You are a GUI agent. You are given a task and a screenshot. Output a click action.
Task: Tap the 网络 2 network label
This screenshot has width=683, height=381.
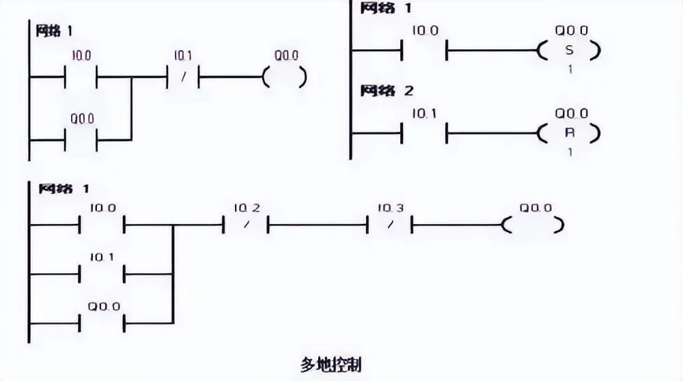click(x=387, y=90)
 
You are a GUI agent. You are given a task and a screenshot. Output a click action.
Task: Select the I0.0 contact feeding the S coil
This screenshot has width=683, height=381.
click(x=424, y=51)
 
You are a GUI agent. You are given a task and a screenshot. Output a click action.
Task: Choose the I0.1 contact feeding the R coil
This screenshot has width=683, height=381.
click(x=424, y=132)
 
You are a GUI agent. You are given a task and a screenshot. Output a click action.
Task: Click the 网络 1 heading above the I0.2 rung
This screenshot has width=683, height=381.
click(x=63, y=188)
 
